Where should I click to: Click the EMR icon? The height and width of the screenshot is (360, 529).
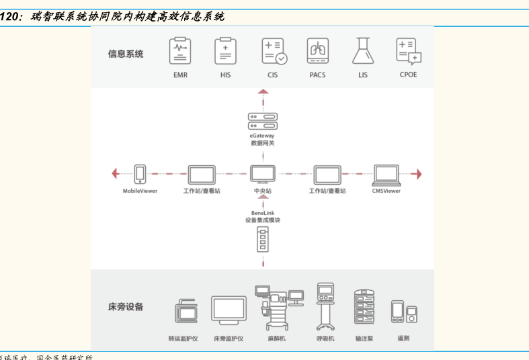[x=179, y=52]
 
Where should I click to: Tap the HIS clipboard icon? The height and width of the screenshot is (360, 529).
[x=225, y=52]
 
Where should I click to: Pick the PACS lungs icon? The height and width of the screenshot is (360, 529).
[x=317, y=51]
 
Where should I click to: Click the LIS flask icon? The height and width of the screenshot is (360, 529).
[x=363, y=51]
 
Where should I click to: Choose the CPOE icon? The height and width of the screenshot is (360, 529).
[x=408, y=51]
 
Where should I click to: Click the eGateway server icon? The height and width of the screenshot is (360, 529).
[x=262, y=121]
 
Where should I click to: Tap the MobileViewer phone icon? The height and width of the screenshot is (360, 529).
[x=140, y=174]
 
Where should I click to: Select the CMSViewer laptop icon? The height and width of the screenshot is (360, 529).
[x=386, y=174]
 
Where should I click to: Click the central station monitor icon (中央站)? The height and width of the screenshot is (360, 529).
[x=262, y=174]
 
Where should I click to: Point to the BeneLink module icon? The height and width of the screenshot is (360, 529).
[x=262, y=239]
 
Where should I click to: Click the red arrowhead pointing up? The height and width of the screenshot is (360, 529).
[x=262, y=92]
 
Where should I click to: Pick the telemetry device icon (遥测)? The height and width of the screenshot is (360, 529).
[x=403, y=312]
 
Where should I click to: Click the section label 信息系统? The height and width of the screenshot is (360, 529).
[x=126, y=54]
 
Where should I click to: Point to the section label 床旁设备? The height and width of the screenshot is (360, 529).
[x=126, y=307]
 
